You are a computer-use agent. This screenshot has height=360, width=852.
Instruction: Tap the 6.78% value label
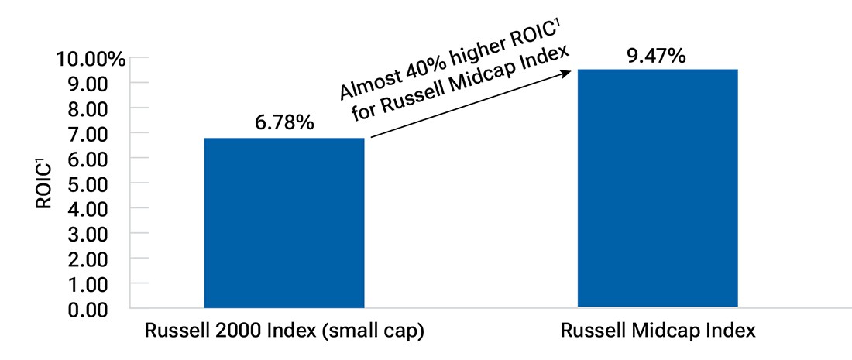pyautogui.click(x=283, y=122)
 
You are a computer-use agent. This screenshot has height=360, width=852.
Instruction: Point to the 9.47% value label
pyautogui.click(x=658, y=55)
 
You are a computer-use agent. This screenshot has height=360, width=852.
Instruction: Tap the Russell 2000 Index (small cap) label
pyautogui.click(x=284, y=331)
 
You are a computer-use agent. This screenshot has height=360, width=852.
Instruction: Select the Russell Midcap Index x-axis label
pyautogui.click(x=658, y=331)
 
